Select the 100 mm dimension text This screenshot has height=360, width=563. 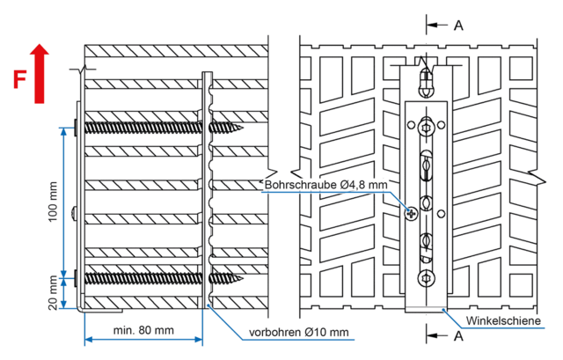click(52, 202)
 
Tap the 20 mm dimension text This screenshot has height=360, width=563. click(52, 292)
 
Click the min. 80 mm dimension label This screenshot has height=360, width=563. click(143, 330)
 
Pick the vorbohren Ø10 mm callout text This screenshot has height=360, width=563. click(299, 332)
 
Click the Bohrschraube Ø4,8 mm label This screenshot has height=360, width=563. click(325, 184)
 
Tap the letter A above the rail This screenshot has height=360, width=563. click(458, 25)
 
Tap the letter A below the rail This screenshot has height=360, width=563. click(458, 335)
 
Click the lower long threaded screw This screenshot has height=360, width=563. click(158, 279)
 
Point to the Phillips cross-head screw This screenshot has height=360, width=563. click(410, 211)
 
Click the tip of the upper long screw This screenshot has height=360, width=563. click(238, 128)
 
